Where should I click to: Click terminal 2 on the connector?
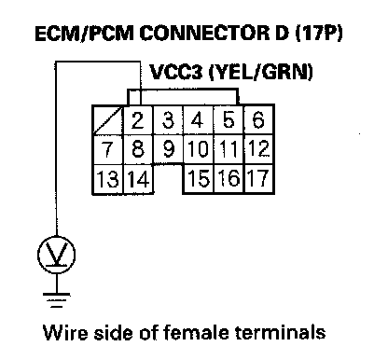click(x=138, y=120)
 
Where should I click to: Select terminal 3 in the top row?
click(x=168, y=120)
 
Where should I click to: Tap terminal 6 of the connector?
click(x=259, y=120)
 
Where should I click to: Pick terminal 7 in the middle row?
click(x=108, y=149)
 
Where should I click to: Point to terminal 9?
click(x=168, y=149)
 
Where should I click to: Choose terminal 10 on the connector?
click(x=199, y=149)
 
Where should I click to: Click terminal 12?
click(x=259, y=149)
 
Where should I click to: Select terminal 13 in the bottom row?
click(x=108, y=179)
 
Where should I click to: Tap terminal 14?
click(x=138, y=179)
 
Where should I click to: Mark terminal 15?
click(x=199, y=179)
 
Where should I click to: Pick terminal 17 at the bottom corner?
click(x=259, y=179)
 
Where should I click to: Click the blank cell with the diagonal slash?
click(x=108, y=120)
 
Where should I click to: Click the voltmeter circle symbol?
click(x=57, y=255)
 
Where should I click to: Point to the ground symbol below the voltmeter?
click(x=57, y=299)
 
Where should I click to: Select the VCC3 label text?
click(x=176, y=72)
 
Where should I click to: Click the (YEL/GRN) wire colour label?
click(x=260, y=72)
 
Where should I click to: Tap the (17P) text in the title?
click(x=319, y=33)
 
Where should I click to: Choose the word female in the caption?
click(x=197, y=332)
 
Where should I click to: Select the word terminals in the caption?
click(x=281, y=332)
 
